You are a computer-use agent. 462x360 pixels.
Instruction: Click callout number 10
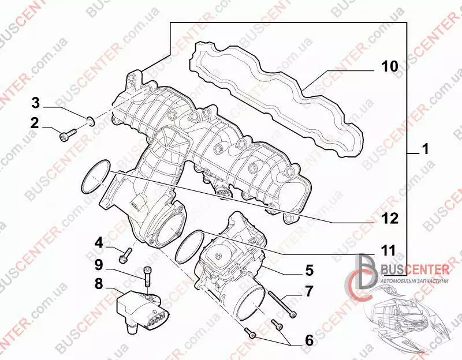389,67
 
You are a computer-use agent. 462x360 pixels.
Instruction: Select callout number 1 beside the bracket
424,149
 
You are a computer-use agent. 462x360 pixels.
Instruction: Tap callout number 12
389,219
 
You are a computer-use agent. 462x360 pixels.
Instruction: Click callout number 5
309,270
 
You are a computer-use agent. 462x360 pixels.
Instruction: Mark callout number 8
99,284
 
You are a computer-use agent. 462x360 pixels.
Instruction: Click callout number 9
99,265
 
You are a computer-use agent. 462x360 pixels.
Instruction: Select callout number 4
99,243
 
